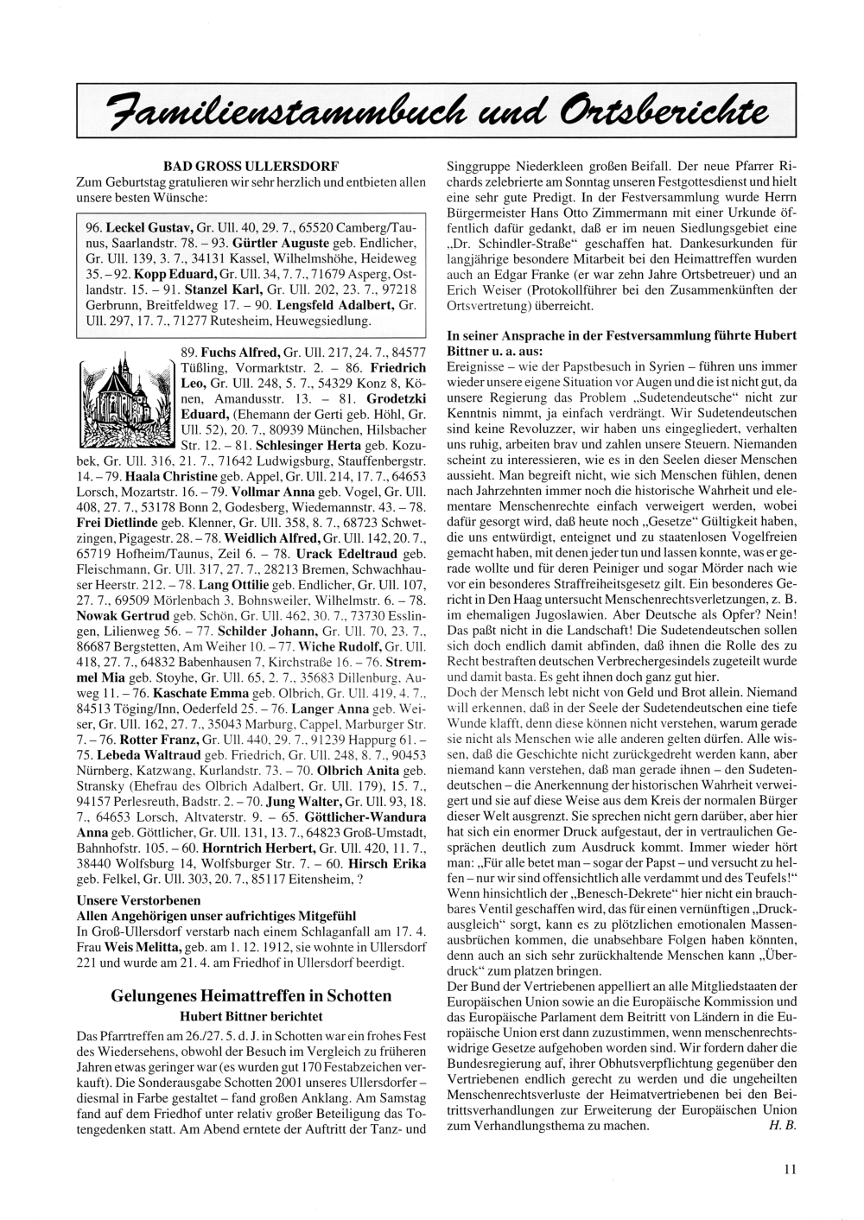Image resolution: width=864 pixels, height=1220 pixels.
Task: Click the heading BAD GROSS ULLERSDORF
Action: pos(251,165)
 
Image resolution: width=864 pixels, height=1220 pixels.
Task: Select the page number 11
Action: pos(790,1170)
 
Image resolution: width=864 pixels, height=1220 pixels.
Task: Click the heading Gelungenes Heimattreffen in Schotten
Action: pos(251,995)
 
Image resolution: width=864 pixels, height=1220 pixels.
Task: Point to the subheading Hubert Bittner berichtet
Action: pos(251,1016)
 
